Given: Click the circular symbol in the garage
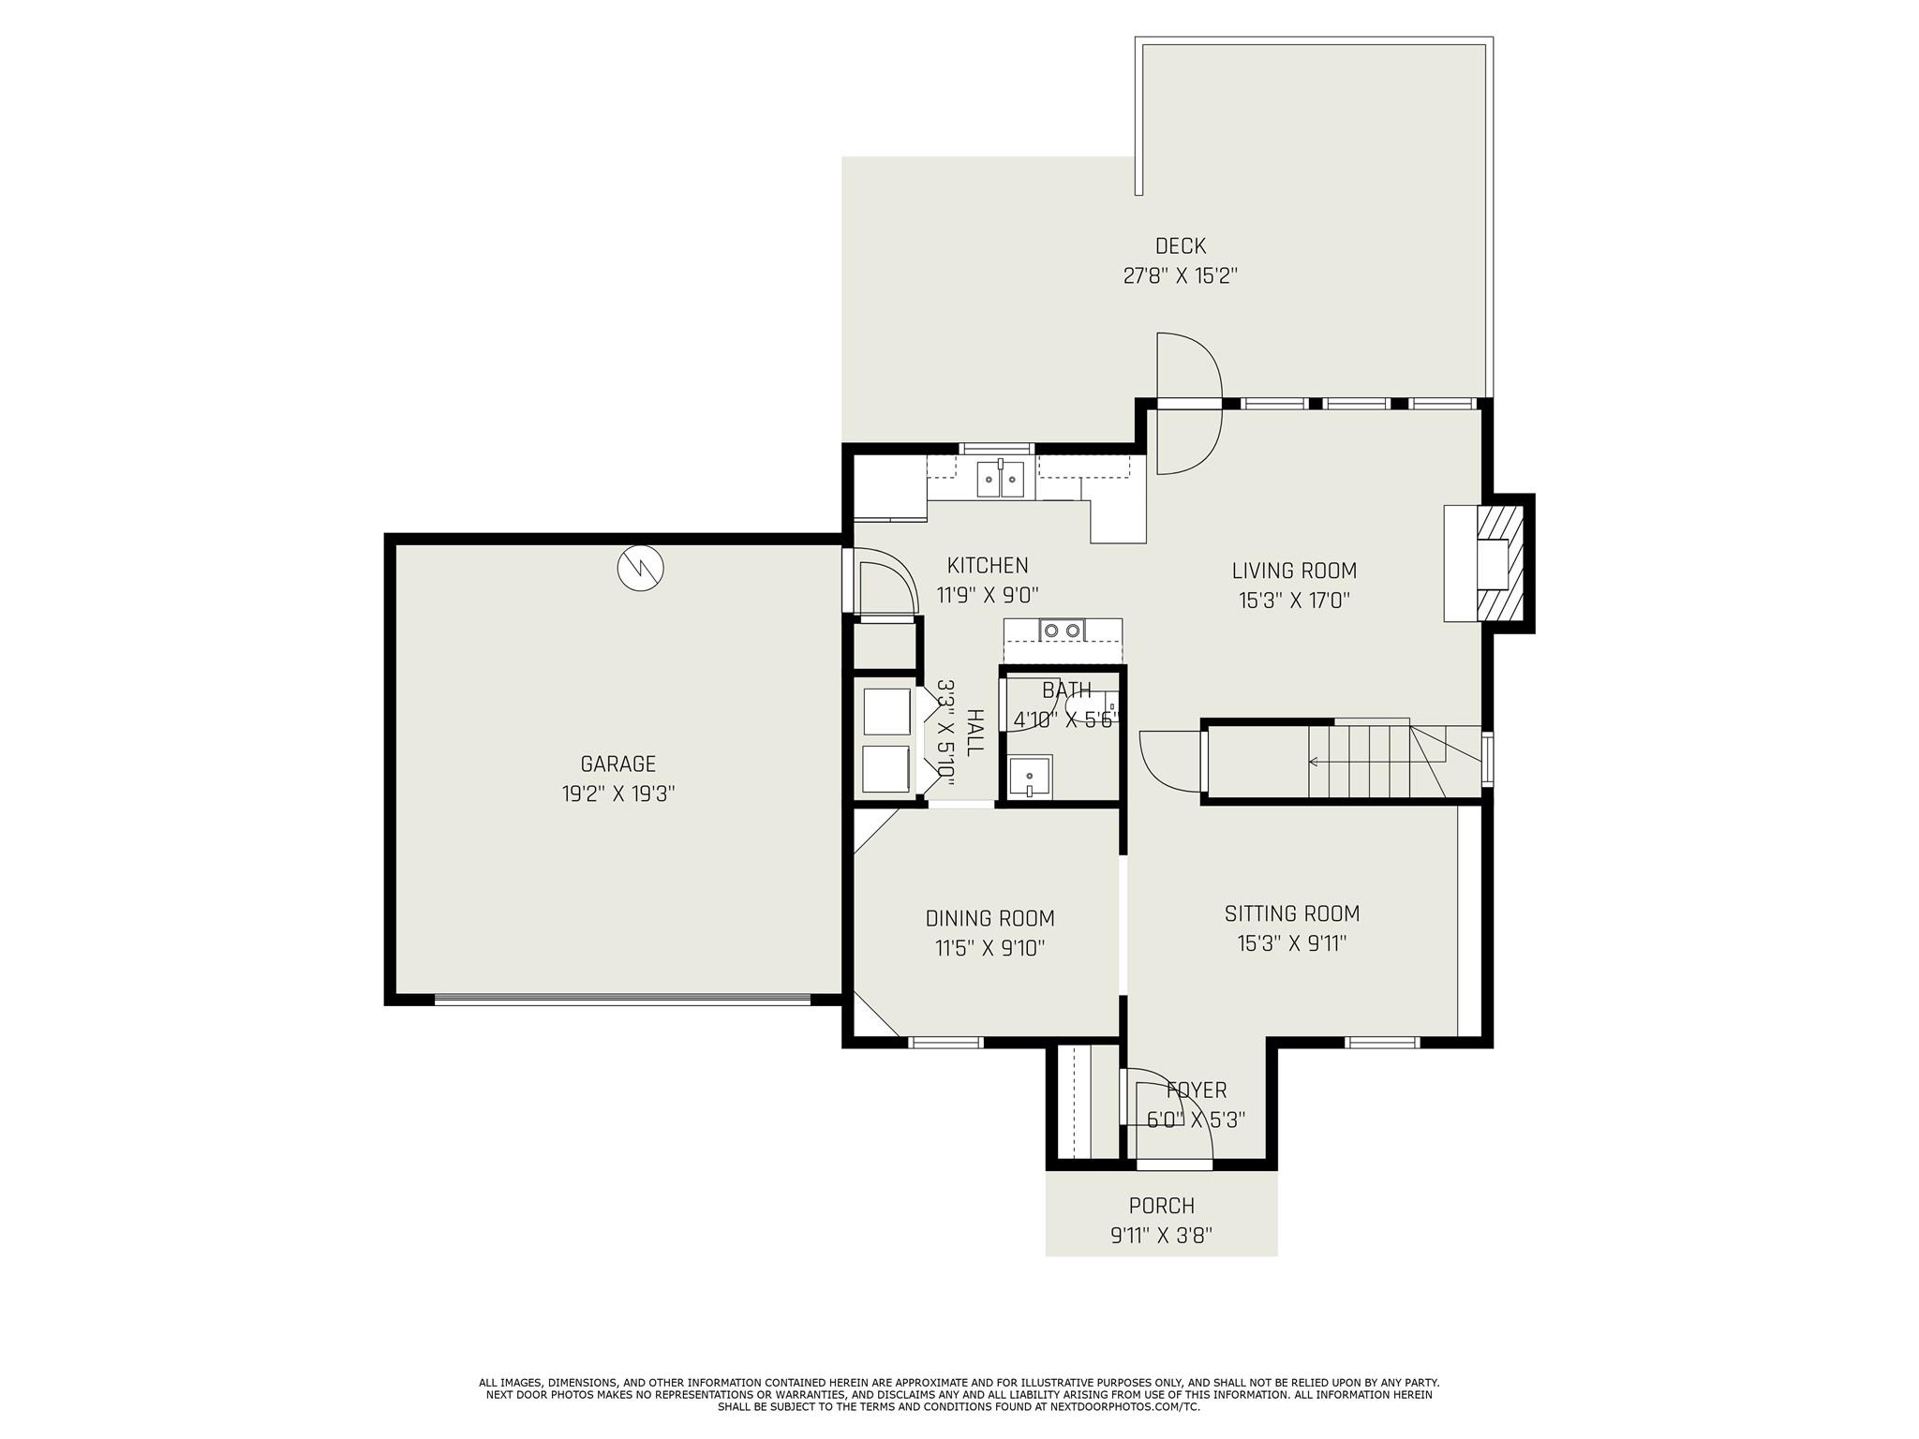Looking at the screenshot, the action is [x=641, y=568].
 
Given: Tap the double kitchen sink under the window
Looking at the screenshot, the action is [x=1001, y=479].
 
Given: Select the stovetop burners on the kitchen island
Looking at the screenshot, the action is [x=1062, y=630].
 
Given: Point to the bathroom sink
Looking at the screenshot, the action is [x=1030, y=777].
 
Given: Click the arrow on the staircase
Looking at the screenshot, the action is [x=1359, y=763].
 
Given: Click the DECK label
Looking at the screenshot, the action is [x=1181, y=246].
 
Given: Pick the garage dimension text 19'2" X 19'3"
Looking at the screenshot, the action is [x=618, y=794].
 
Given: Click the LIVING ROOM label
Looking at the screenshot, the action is [x=1294, y=571].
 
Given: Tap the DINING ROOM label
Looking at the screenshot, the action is [x=990, y=919].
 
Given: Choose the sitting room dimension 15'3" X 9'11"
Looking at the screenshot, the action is [x=1292, y=943].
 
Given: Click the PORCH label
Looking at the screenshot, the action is [x=1162, y=1206].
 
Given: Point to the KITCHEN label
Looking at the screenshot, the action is [x=988, y=566].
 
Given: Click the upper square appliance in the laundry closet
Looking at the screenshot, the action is [x=886, y=712].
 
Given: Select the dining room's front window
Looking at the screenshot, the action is [x=945, y=1042].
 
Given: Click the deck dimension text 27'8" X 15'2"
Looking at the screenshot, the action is [x=1181, y=276].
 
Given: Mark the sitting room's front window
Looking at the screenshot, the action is [x=1382, y=1042].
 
